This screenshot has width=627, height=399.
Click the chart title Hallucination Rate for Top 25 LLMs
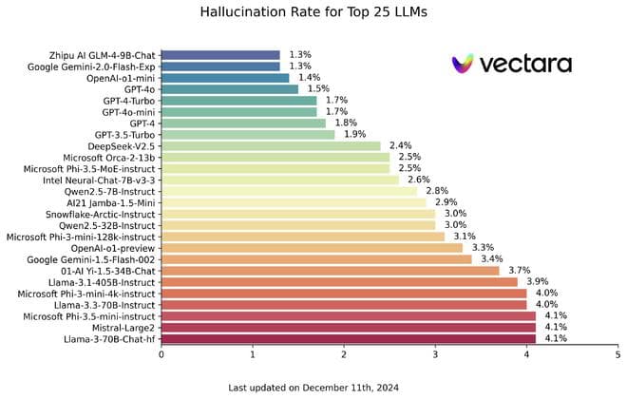(313, 13)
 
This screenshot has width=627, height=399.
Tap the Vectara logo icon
(463, 65)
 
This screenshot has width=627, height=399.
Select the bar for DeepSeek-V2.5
(271, 146)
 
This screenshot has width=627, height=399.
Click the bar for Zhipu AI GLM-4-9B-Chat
(220, 55)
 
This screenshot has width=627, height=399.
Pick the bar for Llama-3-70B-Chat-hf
(348, 338)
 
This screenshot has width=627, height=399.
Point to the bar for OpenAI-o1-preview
(312, 248)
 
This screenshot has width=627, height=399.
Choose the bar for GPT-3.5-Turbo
(248, 135)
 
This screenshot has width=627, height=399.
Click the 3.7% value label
(518, 271)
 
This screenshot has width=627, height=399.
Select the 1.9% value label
(353, 135)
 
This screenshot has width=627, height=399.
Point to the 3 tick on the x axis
(435, 354)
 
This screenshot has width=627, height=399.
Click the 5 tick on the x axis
(617, 354)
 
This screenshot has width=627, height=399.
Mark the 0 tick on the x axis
(161, 354)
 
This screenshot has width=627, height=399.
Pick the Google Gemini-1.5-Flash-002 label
(92, 259)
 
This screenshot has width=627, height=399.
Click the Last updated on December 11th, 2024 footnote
(313, 387)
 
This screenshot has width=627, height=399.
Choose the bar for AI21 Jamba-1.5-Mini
(294, 202)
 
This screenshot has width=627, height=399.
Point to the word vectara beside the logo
(525, 64)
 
